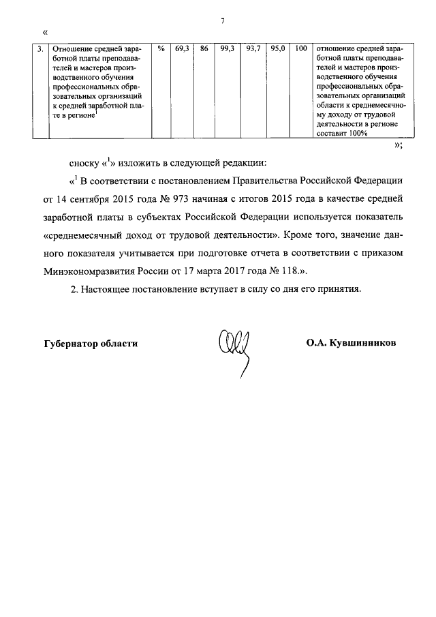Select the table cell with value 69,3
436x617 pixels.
[x=181, y=49]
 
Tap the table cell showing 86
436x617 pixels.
[x=204, y=49]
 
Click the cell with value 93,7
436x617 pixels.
[x=253, y=49]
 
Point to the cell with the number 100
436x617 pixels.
[x=300, y=49]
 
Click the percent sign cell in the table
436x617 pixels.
[x=161, y=49]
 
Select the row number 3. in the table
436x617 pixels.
[x=41, y=49]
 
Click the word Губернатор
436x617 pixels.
[x=73, y=344]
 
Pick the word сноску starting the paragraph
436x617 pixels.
[x=84, y=164]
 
